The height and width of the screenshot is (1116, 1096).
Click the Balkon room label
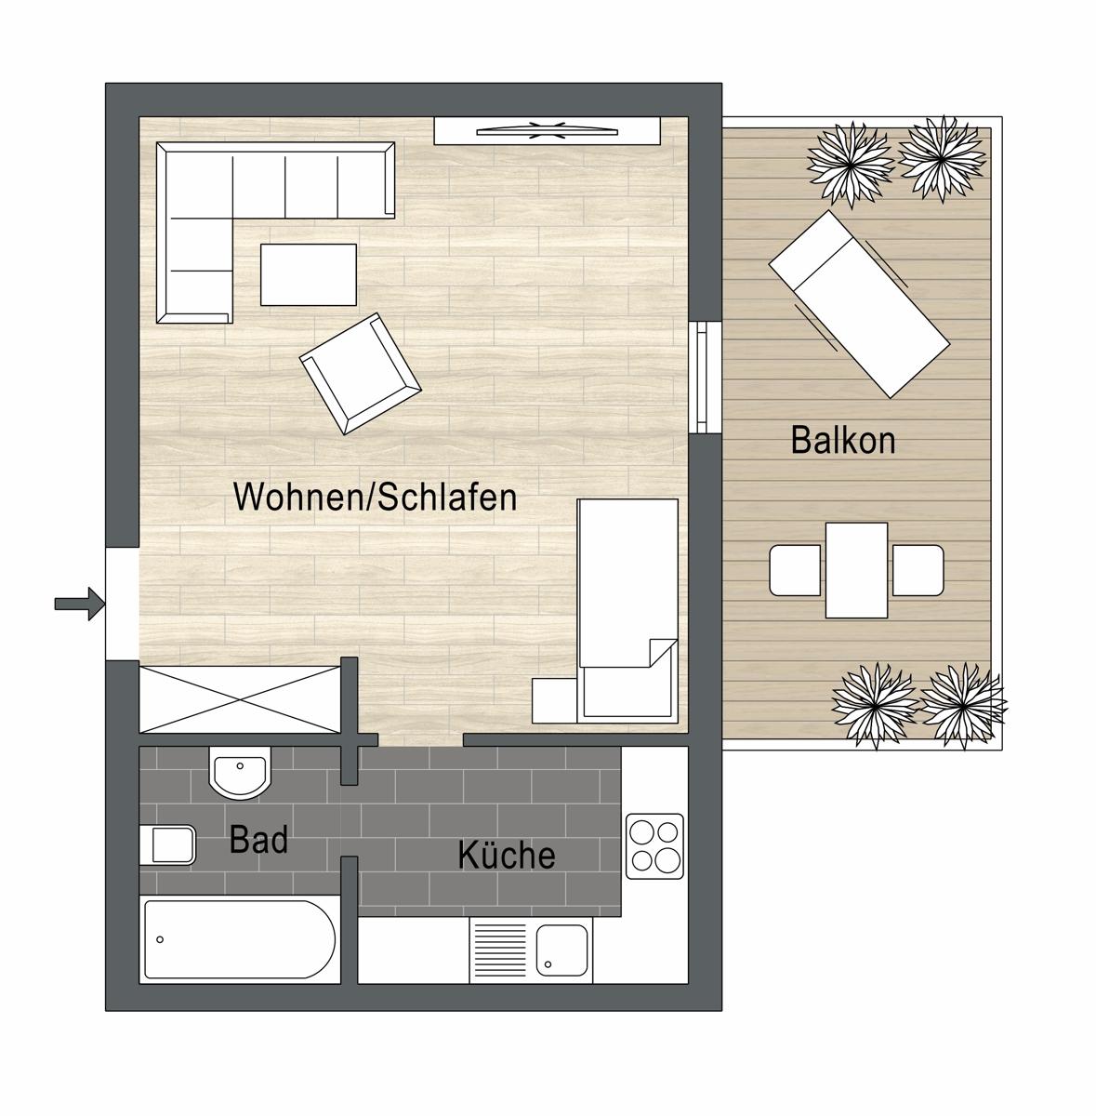point(843,440)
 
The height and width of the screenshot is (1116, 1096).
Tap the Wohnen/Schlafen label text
point(376,497)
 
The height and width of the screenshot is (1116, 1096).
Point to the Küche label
point(507,855)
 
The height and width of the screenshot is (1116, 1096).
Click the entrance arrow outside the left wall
point(80,604)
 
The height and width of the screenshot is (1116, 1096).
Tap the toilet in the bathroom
point(168,845)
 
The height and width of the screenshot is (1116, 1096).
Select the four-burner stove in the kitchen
point(654,846)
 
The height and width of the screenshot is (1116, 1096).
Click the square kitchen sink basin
point(561,950)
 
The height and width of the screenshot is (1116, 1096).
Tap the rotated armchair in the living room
point(360,374)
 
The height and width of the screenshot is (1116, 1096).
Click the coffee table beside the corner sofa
point(308,274)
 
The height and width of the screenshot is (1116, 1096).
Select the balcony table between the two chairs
point(856,570)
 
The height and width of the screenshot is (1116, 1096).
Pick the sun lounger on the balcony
point(859,304)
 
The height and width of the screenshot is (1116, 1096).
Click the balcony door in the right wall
point(702,377)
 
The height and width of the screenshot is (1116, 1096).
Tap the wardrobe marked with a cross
point(240,699)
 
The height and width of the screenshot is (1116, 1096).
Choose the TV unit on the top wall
point(548,131)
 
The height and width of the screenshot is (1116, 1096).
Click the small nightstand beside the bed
point(555,700)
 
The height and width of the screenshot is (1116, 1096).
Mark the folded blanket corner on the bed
point(663,653)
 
